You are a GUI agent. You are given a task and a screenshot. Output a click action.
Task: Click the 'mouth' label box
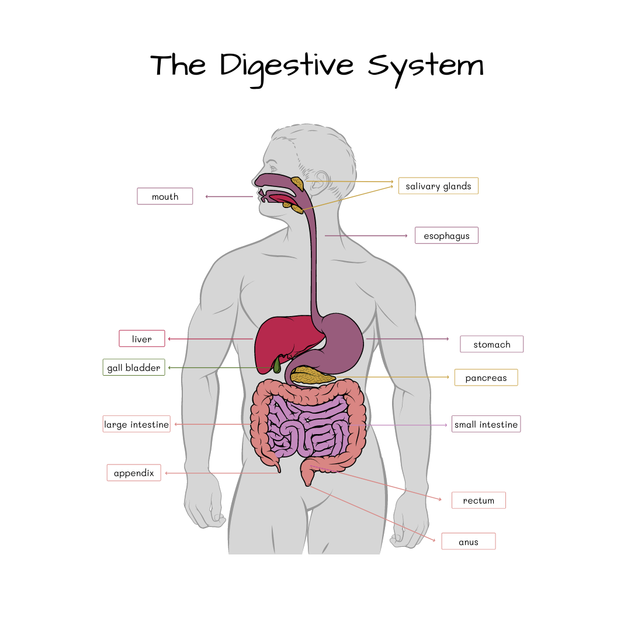[x=165, y=196]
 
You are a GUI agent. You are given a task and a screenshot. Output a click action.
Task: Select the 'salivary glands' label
[x=438, y=186]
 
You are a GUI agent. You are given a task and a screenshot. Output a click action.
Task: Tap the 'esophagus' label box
[x=446, y=235]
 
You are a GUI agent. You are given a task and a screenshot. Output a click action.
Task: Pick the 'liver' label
[x=142, y=339]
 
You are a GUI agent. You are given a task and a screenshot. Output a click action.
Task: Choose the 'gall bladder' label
[x=134, y=367]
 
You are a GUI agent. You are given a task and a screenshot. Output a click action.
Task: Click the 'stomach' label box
[x=491, y=344]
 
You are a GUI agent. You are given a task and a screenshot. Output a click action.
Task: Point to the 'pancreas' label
[x=486, y=377]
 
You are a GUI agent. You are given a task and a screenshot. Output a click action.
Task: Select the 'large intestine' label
[x=137, y=424]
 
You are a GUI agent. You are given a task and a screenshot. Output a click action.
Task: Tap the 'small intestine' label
[x=486, y=424]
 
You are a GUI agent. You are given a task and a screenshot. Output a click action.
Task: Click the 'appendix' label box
[x=134, y=473]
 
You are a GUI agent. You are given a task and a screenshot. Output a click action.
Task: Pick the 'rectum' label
[x=479, y=500]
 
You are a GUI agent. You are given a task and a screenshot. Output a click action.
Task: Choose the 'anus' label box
[x=469, y=542]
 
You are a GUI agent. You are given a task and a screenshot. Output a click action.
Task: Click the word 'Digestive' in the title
[x=286, y=65]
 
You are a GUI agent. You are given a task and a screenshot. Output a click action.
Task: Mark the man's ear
[x=316, y=186]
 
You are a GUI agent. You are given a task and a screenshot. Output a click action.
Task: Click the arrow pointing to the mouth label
[x=209, y=196]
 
